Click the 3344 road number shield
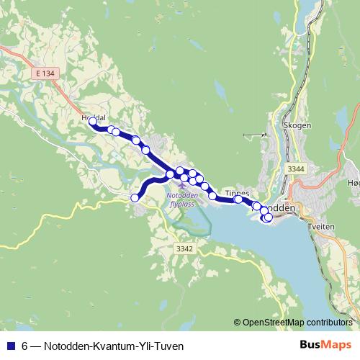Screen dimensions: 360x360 (x=295, y=168)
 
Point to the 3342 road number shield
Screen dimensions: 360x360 (x=184, y=248)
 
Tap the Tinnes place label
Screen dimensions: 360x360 (x=237, y=192)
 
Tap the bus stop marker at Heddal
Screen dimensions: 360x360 (x=92, y=122)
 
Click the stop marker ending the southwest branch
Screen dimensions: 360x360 (x=135, y=197)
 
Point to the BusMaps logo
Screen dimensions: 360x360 (x=325, y=346)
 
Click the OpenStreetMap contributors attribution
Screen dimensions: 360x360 (x=297, y=322)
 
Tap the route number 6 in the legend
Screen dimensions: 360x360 (x=25, y=346)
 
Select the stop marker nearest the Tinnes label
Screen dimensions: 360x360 (x=238, y=199)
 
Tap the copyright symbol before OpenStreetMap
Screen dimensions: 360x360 (x=238, y=322)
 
